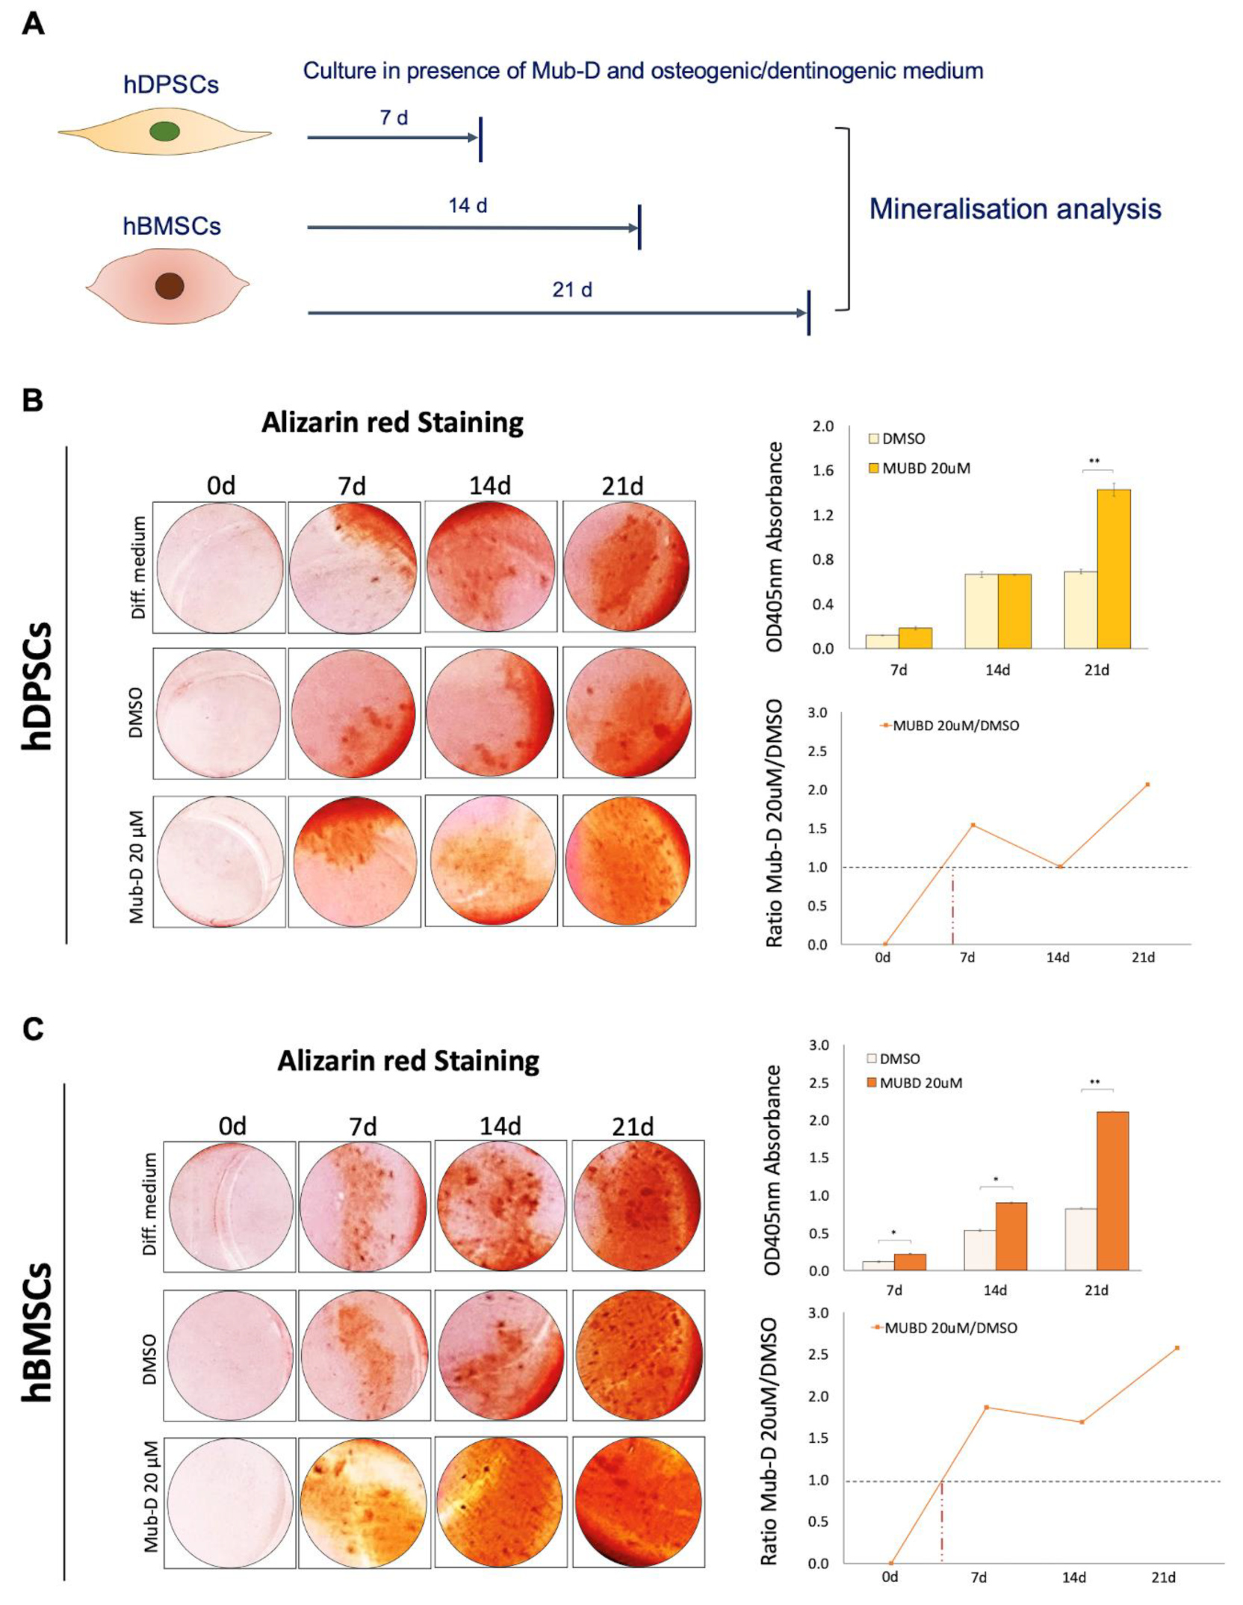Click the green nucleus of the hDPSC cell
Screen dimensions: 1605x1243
164,132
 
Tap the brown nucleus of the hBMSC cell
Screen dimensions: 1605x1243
170,285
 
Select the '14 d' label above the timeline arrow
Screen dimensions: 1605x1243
468,205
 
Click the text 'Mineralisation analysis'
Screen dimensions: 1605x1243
1014,208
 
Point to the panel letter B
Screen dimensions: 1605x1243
33,401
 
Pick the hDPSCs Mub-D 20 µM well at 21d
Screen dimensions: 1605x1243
628,861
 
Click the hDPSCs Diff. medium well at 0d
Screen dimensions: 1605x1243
219,567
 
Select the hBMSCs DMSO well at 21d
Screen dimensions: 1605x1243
638,1355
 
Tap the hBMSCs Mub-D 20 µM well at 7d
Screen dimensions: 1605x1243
364,1502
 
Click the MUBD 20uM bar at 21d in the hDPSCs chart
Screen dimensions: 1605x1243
1113,569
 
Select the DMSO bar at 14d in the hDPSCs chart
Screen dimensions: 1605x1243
981,610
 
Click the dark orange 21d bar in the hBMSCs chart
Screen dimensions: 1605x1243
1112,1191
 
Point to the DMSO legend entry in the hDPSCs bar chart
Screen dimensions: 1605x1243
896,439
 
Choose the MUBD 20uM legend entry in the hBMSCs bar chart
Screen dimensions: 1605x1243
914,1083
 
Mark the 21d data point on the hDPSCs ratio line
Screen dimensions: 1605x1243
1147,785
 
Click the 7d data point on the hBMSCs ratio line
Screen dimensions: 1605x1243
986,1407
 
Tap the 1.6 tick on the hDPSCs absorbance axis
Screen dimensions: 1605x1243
823,470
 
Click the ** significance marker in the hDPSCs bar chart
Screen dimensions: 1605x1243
1094,462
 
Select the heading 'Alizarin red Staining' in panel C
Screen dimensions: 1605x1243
408,1061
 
